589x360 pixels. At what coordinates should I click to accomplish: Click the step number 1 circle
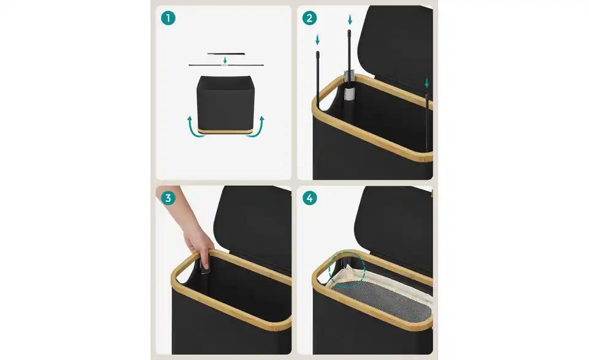[168, 18]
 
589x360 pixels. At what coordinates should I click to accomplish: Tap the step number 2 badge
[309, 18]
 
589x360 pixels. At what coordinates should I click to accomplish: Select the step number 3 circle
[168, 198]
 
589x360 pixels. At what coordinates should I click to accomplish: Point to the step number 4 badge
[309, 198]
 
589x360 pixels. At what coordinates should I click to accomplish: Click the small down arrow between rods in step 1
[225, 60]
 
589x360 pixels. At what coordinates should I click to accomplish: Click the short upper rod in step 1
[226, 54]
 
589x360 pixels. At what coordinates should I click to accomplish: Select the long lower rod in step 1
[226, 65]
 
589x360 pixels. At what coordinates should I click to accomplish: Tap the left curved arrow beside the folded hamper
[195, 128]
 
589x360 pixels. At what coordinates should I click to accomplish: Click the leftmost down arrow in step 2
[317, 39]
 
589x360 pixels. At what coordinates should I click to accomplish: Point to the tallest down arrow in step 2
[350, 20]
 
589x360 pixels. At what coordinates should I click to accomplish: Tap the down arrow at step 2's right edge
[427, 83]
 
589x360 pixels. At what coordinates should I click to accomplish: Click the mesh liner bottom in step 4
[379, 301]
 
